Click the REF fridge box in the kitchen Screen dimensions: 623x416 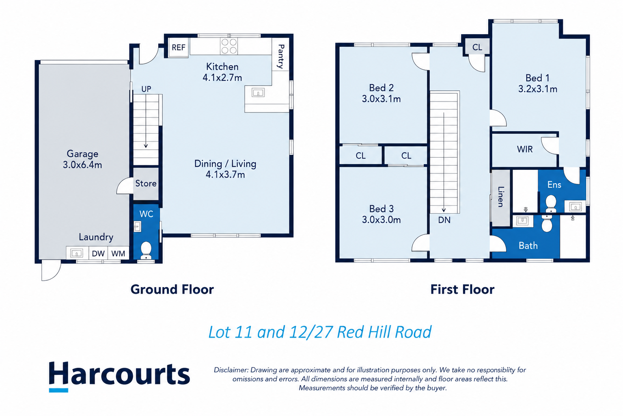(x=178, y=48)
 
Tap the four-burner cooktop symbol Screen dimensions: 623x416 (x=229, y=46)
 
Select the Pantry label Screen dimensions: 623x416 (x=281, y=56)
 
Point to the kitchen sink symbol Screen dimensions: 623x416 (x=258, y=93)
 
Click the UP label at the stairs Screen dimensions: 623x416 (x=146, y=89)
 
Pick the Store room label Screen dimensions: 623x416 (x=146, y=184)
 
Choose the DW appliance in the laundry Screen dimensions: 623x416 (x=98, y=253)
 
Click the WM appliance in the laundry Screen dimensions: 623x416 (x=118, y=253)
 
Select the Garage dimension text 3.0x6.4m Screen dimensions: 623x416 (x=82, y=165)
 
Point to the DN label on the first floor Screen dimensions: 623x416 (x=444, y=220)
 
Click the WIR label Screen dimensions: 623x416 (x=525, y=149)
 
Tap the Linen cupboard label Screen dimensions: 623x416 (x=500, y=197)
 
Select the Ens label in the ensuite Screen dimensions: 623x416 (x=554, y=184)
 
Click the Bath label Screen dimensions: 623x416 (x=528, y=246)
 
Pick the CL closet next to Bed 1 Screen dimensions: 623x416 (x=477, y=48)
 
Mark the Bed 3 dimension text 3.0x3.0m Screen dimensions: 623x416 (x=382, y=220)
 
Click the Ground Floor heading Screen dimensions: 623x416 (x=172, y=290)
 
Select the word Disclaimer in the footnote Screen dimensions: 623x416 (x=231, y=370)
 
